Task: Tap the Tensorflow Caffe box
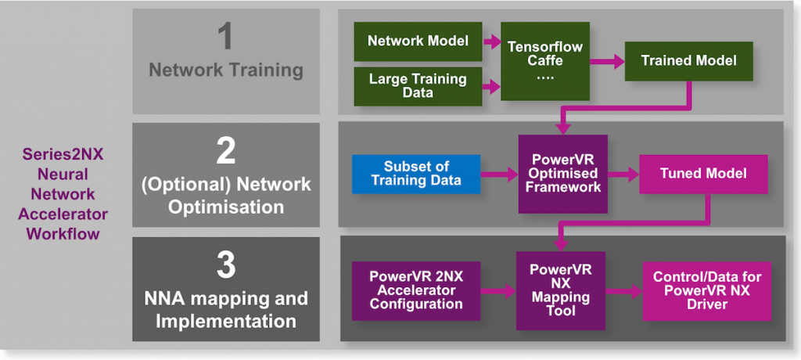[545, 60]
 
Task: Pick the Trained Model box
[688, 60]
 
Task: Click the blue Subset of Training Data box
[415, 174]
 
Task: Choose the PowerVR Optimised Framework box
[563, 174]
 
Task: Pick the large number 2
[226, 149]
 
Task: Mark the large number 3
[226, 265]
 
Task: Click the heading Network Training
[226, 70]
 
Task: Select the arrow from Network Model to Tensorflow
[492, 41]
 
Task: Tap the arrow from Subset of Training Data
[499, 174]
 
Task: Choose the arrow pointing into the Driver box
[623, 290]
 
